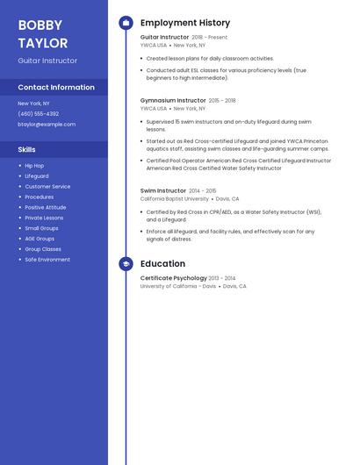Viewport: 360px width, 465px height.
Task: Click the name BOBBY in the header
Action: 40,25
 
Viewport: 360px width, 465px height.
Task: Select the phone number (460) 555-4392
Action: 39,113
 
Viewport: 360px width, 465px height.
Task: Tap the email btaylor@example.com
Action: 47,125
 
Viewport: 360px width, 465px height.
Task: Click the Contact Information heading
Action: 56,87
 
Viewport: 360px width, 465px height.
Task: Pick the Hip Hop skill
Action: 34,166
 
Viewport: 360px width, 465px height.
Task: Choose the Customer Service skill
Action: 47,187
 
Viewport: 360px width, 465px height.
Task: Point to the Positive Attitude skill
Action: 46,207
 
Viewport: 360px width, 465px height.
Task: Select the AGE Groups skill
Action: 40,239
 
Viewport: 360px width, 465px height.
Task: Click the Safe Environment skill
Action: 47,260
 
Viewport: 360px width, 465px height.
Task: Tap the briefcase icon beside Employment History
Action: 126,23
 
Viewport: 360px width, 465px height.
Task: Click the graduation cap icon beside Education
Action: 126,263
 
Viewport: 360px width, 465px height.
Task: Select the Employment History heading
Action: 184,23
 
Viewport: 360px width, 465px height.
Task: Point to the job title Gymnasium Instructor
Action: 173,100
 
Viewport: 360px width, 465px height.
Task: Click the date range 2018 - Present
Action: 209,38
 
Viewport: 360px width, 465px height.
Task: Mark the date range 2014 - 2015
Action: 202,190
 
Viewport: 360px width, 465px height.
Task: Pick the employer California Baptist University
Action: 174,199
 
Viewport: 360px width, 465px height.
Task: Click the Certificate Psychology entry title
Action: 174,277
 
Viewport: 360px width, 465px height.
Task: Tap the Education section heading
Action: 162,263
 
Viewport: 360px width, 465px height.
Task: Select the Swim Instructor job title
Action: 163,190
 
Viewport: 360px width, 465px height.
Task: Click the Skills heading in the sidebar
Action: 27,149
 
